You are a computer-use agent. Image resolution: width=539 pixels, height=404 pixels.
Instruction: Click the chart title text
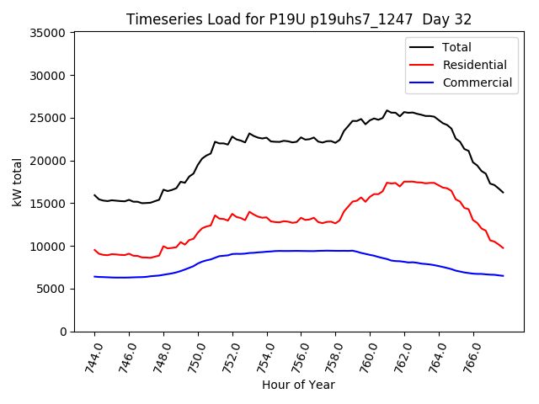click(x=298, y=19)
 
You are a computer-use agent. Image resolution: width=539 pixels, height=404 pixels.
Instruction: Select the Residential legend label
click(x=474, y=65)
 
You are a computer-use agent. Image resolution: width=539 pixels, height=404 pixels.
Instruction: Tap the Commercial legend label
click(x=477, y=82)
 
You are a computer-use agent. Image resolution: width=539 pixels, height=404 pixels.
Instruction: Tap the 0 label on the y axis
click(x=63, y=332)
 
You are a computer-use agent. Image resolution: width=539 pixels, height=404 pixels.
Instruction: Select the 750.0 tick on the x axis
click(x=194, y=357)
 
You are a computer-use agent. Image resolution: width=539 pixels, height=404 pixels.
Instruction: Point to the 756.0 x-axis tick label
click(x=297, y=357)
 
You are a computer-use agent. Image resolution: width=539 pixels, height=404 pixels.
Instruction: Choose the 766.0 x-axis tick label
click(x=469, y=357)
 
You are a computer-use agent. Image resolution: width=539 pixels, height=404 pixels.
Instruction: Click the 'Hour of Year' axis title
click(x=298, y=385)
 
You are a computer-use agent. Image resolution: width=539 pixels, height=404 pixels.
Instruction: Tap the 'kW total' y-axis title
click(x=17, y=182)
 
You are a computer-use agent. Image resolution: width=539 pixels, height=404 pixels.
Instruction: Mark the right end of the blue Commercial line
click(x=503, y=276)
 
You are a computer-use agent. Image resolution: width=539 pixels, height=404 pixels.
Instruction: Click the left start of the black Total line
click(x=94, y=195)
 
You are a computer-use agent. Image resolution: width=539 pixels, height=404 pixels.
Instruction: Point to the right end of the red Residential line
click(x=503, y=247)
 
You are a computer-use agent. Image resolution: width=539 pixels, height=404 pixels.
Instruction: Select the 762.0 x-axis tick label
click(x=401, y=357)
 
